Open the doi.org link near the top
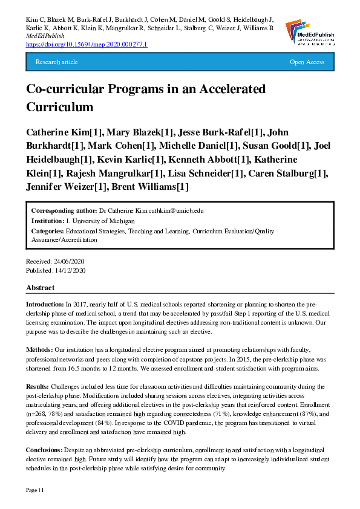(x=87, y=45)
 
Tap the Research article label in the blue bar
(x=57, y=62)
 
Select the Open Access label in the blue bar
(x=307, y=62)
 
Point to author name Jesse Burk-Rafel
(x=222, y=132)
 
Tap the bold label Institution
(x=48, y=221)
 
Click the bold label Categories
(x=48, y=231)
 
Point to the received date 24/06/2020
(x=70, y=261)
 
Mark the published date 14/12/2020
(x=71, y=270)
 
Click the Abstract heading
(x=41, y=288)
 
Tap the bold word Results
(x=38, y=386)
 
